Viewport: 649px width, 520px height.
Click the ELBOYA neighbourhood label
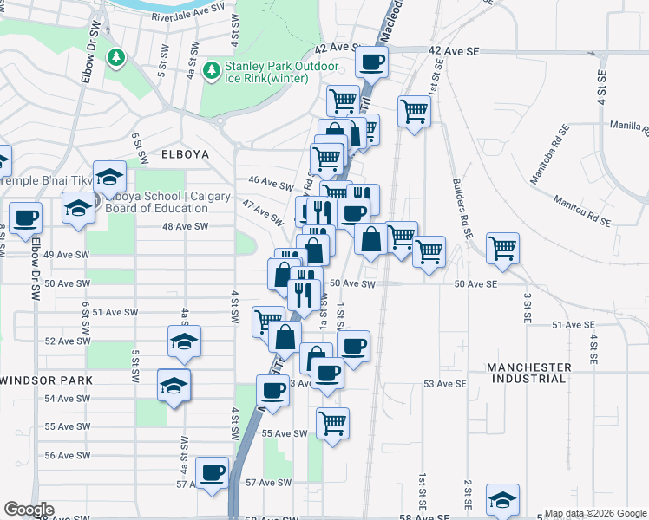185,153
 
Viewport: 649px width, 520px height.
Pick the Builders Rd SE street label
461,209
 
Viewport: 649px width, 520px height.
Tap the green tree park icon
115,57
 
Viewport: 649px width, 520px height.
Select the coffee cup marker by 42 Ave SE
372,62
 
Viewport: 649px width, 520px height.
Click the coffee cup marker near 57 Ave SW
212,473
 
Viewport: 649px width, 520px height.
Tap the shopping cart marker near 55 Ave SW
332,423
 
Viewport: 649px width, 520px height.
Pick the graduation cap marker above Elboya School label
109,177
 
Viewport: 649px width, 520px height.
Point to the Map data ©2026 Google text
595,513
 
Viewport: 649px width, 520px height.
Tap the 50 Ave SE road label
474,284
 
